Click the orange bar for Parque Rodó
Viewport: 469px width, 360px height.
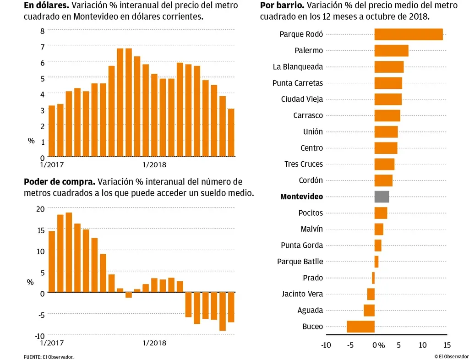[x=409, y=34]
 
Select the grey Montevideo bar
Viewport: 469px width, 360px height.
[x=382, y=196]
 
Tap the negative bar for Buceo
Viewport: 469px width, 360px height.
[x=360, y=327]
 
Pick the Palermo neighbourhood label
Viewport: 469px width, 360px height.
[x=309, y=50]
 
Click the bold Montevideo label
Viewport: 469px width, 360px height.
[x=301, y=196]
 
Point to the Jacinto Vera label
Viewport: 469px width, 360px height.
[x=302, y=294]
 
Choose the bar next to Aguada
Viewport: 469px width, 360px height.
[x=369, y=310]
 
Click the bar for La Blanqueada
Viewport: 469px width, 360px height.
[x=389, y=67]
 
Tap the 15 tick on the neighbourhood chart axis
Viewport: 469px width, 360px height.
[x=447, y=345]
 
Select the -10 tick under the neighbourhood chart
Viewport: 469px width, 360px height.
[x=326, y=345]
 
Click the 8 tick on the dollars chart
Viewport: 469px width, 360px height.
[x=42, y=31]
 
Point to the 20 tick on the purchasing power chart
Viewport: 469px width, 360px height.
[x=40, y=208]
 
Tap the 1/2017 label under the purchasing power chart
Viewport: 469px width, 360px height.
[x=52, y=343]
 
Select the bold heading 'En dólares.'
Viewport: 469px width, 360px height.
[x=46, y=6]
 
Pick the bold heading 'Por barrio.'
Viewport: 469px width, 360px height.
[x=282, y=6]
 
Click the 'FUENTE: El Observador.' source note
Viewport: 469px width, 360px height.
[x=49, y=357]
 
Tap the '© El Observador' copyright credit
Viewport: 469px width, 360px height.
[x=451, y=356]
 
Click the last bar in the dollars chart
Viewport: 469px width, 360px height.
[x=231, y=132]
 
